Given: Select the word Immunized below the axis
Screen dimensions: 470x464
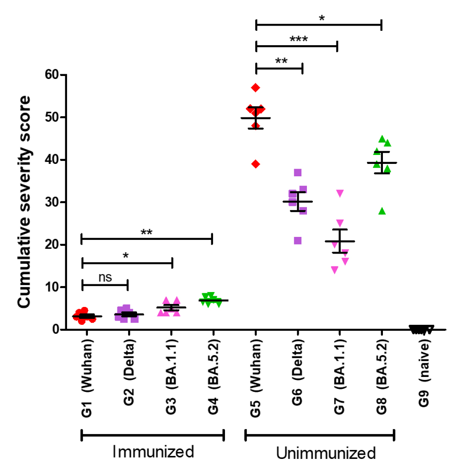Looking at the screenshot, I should tap(153, 451).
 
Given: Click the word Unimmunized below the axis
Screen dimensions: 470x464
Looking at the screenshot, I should tap(326, 452).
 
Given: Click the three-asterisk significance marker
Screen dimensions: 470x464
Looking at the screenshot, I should tap(298, 40).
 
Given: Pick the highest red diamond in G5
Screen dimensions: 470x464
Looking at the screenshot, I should tap(256, 88).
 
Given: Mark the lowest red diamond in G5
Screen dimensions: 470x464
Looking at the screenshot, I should tap(256, 164).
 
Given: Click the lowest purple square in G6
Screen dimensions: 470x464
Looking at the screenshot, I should tap(298, 241).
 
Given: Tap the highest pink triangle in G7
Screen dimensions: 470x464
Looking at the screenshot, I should tap(340, 193).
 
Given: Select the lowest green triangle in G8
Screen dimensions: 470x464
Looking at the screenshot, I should tap(382, 211).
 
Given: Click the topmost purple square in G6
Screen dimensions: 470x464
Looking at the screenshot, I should tap(298, 173).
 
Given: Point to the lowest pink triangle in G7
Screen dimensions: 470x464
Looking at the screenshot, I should tap(335, 270).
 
